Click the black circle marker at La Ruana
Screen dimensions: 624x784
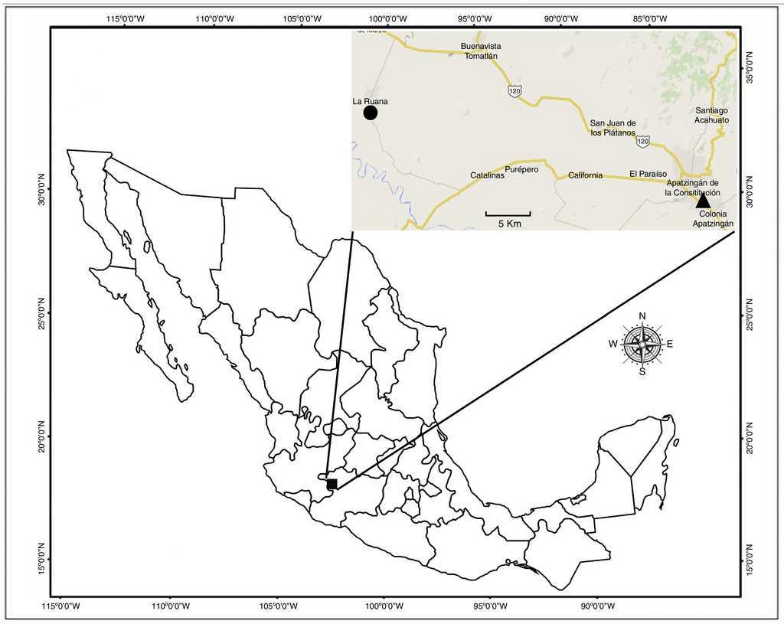(x=371, y=113)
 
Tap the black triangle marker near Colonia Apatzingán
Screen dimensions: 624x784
(x=703, y=201)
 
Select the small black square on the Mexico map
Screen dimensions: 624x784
(x=332, y=484)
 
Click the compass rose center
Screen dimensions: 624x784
(x=642, y=344)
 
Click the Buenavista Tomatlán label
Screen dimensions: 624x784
(x=481, y=51)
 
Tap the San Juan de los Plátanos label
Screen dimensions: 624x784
(x=612, y=128)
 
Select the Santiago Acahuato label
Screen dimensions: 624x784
(x=711, y=116)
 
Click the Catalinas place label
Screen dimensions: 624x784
(x=487, y=175)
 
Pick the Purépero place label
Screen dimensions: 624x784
(x=524, y=169)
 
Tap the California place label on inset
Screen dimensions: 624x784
(x=585, y=175)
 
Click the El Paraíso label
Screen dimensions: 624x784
(x=648, y=174)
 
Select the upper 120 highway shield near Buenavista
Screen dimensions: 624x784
(x=514, y=91)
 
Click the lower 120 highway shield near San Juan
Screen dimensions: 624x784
(x=643, y=142)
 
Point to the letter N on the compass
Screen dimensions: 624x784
(x=642, y=316)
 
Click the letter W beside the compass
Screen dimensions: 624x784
(x=613, y=344)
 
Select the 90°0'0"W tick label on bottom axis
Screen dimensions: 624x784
(x=596, y=607)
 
